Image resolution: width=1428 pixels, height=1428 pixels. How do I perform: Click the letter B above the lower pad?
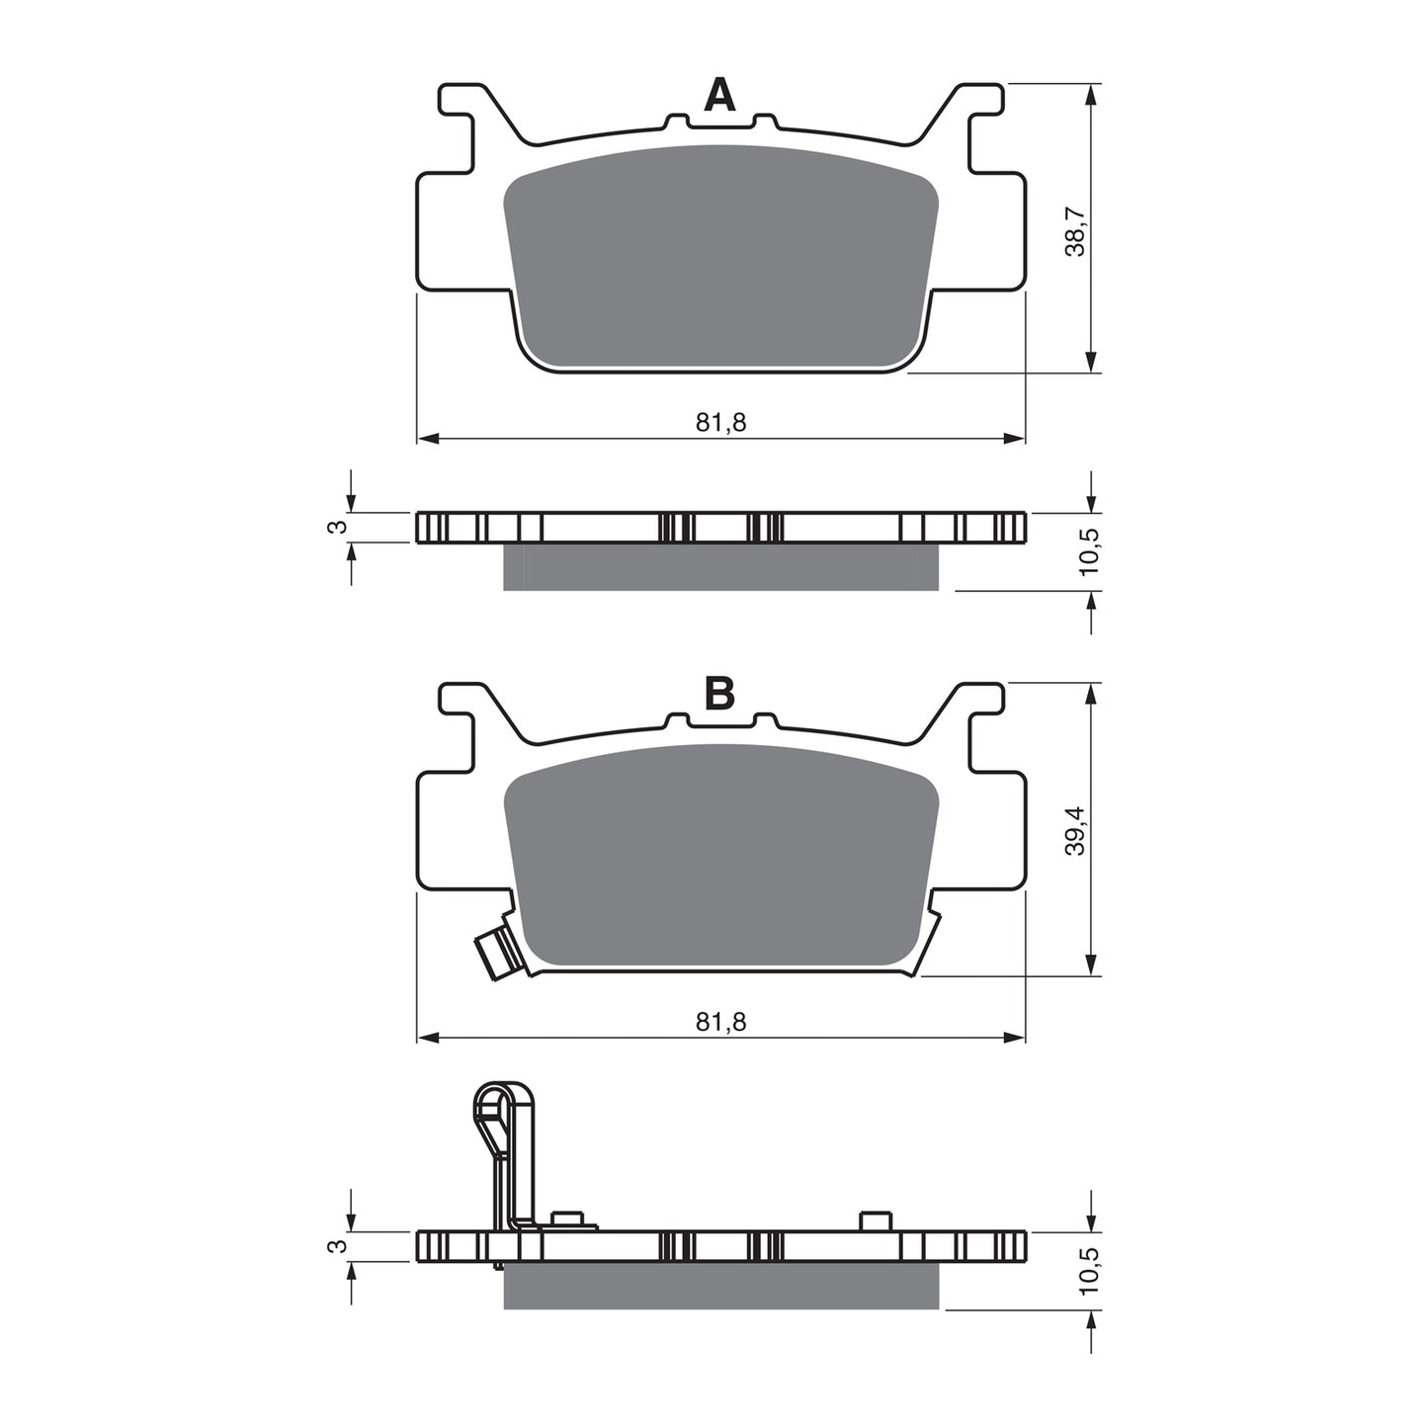point(719,695)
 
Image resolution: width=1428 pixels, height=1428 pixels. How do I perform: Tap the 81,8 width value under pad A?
point(720,422)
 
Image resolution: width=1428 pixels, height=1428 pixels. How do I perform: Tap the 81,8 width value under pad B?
point(720,1022)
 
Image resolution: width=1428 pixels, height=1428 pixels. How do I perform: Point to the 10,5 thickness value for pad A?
point(1088,550)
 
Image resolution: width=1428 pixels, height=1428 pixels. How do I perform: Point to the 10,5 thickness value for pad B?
point(1088,1269)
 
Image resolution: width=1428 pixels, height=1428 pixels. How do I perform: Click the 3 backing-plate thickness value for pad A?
point(338,527)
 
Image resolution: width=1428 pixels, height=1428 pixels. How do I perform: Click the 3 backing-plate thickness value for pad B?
point(338,1246)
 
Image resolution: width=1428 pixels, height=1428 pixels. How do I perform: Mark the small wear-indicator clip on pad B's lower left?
point(494,951)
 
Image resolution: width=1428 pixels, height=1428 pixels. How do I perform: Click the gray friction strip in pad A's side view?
point(720,567)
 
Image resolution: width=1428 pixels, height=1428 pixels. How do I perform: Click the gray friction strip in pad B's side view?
point(720,1286)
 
